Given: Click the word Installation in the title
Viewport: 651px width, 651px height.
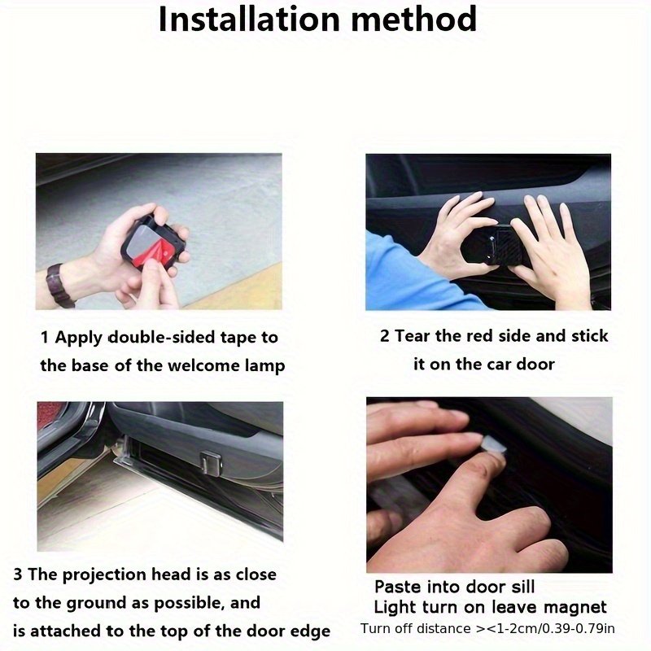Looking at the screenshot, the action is [x=248, y=19].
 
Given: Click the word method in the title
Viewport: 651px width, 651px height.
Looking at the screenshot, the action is [x=414, y=19].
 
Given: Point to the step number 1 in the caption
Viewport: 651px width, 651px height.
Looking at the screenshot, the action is [x=44, y=337].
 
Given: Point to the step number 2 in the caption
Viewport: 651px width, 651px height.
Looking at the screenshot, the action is [x=384, y=335].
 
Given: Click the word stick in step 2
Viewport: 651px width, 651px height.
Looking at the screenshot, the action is [x=589, y=335].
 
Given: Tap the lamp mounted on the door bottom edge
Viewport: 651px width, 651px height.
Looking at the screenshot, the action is [x=211, y=463].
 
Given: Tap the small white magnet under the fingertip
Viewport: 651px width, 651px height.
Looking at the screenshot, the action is [x=494, y=445].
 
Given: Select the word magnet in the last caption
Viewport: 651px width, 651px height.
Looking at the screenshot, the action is [x=575, y=607].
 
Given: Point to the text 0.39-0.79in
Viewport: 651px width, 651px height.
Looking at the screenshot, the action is [x=579, y=628].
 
